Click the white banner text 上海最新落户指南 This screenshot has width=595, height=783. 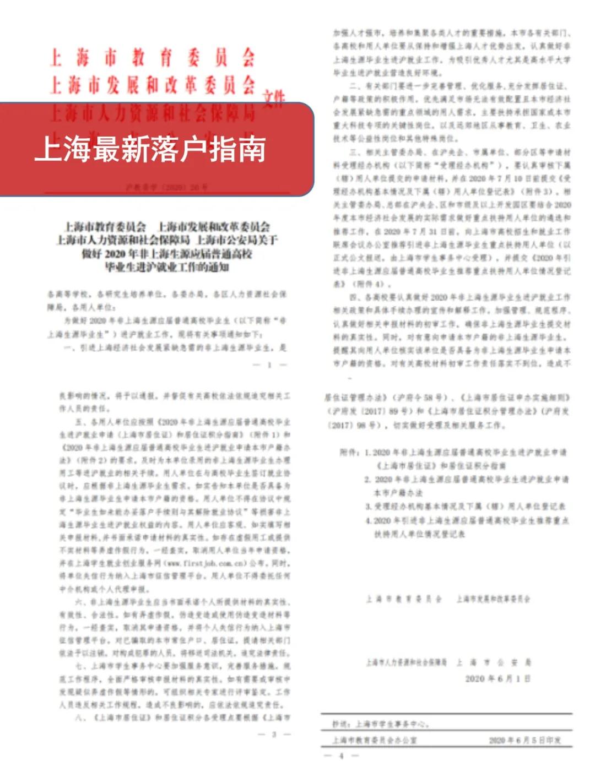coord(150,149)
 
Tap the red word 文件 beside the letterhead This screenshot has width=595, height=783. coord(274,99)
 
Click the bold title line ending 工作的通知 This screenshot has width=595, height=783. coord(166,268)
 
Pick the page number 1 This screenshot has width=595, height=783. coord(269,365)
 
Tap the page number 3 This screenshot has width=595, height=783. coord(274,734)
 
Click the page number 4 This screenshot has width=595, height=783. coord(341,755)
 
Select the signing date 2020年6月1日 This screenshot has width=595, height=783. coord(497,678)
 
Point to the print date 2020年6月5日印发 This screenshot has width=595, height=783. coord(524,741)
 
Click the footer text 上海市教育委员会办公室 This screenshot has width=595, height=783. coord(375,741)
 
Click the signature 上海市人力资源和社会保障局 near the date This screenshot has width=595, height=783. coord(407,662)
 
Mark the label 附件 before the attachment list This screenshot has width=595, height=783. coord(350,453)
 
